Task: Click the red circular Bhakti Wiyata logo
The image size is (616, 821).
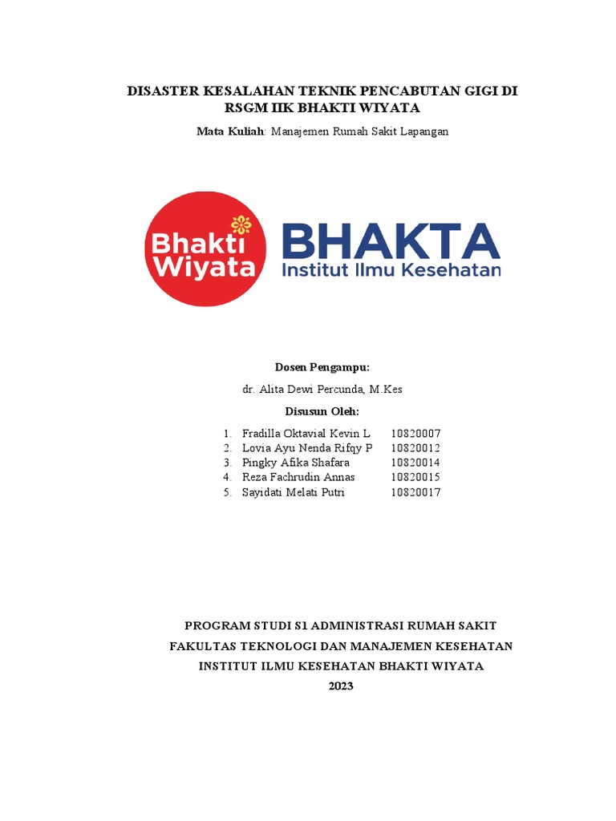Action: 206,249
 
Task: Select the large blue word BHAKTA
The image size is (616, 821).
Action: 391,241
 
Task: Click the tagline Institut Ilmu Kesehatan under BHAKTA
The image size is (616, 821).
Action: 391,271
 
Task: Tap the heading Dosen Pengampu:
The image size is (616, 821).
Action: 322,367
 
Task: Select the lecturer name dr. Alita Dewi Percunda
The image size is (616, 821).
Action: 303,390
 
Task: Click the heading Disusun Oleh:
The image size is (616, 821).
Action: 323,411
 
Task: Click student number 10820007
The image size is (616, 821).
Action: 415,433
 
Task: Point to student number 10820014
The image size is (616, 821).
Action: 415,463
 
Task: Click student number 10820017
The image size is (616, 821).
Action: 415,492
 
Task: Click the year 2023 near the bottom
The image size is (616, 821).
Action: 341,687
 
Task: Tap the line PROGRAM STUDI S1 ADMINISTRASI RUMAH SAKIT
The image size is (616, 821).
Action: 341,625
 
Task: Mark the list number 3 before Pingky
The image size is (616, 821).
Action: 228,463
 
